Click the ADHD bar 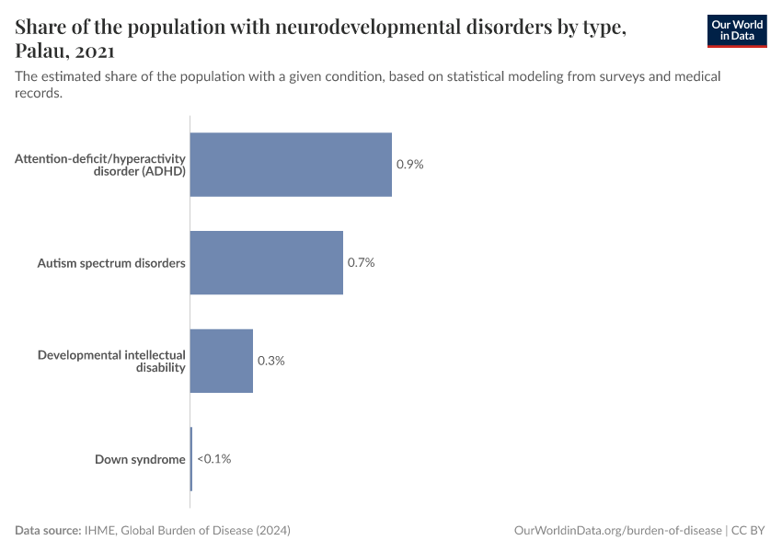tap(291, 165)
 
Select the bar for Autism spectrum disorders tap(267, 262)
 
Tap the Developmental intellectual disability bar tap(222, 361)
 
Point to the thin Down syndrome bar tap(191, 458)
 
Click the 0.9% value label tap(409, 165)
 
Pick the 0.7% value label tap(361, 262)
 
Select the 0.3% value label tap(270, 361)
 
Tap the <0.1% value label tap(213, 458)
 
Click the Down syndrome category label tap(140, 459)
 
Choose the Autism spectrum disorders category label tap(111, 263)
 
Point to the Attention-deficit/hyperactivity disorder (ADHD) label tap(101, 165)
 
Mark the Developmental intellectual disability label tap(111, 361)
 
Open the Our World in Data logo tap(736, 30)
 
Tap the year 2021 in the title tap(96, 52)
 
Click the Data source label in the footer tap(48, 531)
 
